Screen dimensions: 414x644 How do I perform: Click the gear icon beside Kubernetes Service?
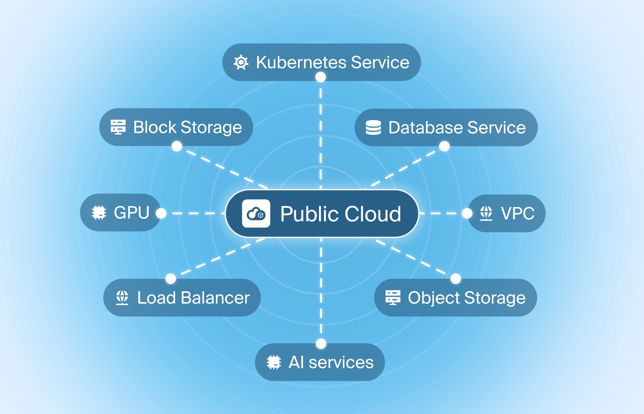point(241,63)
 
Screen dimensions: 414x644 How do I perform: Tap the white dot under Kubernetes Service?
point(320,77)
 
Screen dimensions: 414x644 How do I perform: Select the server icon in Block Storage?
point(118,127)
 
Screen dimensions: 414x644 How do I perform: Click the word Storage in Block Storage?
point(211,128)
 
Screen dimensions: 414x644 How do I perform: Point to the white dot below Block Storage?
point(177,146)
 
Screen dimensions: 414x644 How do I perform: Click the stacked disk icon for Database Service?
point(373,128)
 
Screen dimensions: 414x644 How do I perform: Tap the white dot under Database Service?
point(444,146)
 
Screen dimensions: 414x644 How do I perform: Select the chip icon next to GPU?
point(99,213)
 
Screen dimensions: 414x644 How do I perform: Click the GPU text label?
point(132,213)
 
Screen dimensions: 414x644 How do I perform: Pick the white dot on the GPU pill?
point(161,213)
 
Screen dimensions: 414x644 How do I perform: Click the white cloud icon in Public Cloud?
point(256,213)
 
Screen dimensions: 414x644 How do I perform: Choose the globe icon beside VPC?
point(486,213)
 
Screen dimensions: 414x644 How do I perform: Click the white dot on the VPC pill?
point(467,213)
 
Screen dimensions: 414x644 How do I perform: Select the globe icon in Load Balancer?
point(122,297)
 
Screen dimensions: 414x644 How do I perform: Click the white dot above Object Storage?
point(456,279)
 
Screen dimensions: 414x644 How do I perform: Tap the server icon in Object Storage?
point(393,297)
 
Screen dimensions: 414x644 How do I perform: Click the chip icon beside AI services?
point(274,362)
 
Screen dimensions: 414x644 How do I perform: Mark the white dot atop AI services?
point(321,344)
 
